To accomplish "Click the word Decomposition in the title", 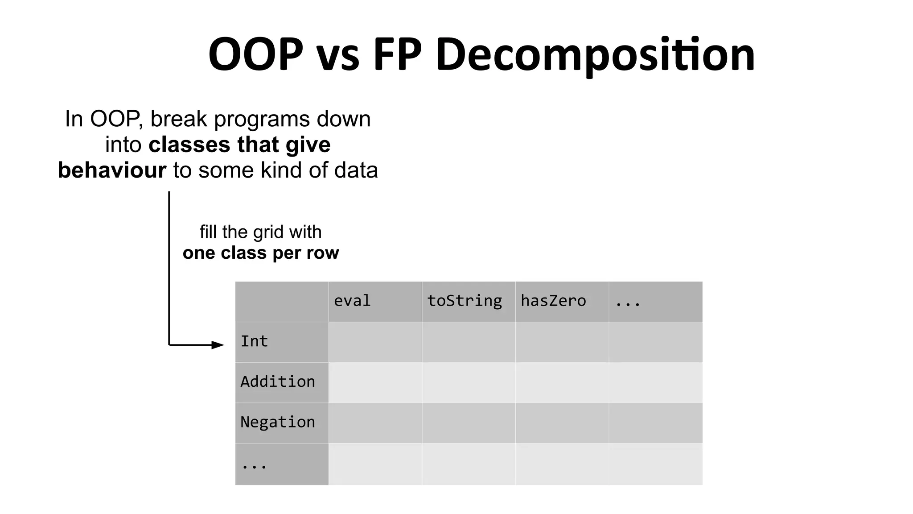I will (595, 54).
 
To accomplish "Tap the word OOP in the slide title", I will (255, 54).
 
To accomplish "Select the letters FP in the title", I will (397, 54).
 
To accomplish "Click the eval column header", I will (352, 301).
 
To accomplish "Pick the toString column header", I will (465, 301).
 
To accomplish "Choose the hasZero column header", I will (553, 301).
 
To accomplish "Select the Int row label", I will (254, 341).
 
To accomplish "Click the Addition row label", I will (277, 382).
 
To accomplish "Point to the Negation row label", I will (277, 422).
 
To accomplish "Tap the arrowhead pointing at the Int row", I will (218, 345).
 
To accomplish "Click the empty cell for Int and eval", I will (375, 342).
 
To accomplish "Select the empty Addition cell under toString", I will (469, 382).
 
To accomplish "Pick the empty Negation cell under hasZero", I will (562, 423).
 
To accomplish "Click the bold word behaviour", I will (112, 170).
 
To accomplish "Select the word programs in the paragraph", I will (262, 120).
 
